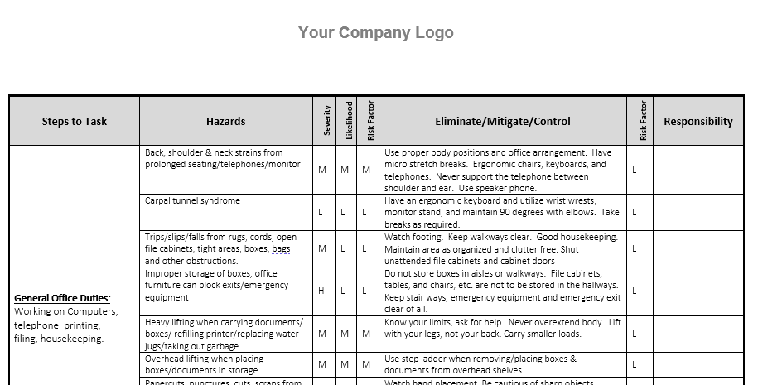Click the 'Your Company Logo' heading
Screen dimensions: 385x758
point(375,33)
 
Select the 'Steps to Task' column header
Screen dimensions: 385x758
point(75,122)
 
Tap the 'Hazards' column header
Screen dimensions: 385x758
point(225,122)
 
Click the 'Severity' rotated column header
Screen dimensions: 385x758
point(326,121)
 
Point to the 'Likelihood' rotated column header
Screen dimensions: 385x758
point(349,121)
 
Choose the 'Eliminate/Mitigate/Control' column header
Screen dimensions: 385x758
point(502,122)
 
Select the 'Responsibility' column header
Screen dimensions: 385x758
point(698,122)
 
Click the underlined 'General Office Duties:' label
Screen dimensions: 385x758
point(62,298)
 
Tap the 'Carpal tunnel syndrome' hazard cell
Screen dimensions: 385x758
point(192,201)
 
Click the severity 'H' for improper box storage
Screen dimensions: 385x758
point(321,291)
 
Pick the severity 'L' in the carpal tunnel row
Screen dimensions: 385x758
point(321,212)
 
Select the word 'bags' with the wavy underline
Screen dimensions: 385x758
point(281,249)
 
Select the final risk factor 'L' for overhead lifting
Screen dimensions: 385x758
point(635,364)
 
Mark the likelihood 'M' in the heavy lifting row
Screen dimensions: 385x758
point(344,334)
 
